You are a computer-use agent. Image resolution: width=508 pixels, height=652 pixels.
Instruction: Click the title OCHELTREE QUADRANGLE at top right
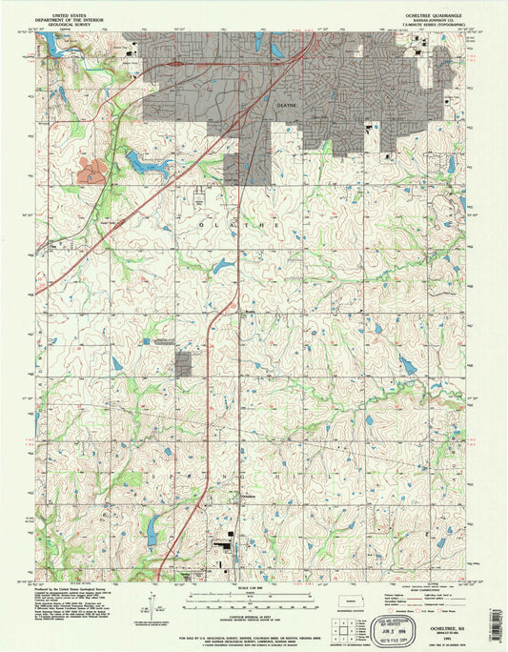(x=434, y=14)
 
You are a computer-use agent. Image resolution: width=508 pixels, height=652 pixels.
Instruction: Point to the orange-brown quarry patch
(x=94, y=173)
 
